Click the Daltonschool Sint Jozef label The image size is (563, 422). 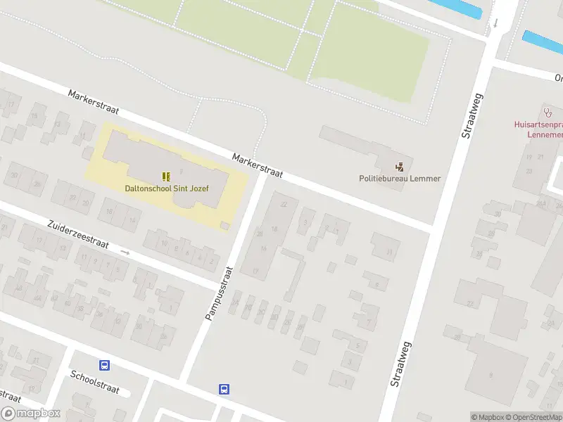[x=166, y=188]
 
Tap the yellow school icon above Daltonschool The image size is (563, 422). [x=166, y=176]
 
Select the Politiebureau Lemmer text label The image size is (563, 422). [x=400, y=179]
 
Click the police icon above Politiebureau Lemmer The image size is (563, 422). [x=400, y=167]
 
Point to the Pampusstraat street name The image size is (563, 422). [x=218, y=293]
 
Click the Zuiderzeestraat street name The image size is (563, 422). [x=78, y=235]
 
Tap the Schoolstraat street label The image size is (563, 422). [x=95, y=381]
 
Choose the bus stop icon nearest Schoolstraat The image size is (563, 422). [x=104, y=365]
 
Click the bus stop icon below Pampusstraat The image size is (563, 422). [x=224, y=389]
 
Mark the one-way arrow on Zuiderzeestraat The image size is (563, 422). [x=125, y=252]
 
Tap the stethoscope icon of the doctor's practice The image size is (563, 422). [x=548, y=112]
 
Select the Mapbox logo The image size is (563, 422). [x=30, y=414]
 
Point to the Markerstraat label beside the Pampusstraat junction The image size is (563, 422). [x=257, y=167]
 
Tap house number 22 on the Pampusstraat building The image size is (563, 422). [x=284, y=204]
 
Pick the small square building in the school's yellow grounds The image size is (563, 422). [x=224, y=225]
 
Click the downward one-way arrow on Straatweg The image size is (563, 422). [x=495, y=23]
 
